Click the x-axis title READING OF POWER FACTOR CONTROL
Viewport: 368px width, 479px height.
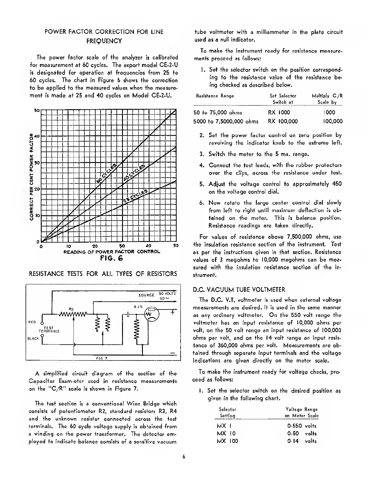[x=112, y=252]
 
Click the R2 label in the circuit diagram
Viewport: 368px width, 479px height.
[x=71, y=309]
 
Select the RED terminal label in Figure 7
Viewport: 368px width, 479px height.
[x=32, y=322]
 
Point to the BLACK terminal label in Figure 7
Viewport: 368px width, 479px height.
[x=33, y=338]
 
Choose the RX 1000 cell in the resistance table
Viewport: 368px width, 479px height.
[x=279, y=113]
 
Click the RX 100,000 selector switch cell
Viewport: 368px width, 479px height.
[x=283, y=121]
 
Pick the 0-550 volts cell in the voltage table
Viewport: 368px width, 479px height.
[x=302, y=426]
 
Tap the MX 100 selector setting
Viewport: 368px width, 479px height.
[x=227, y=441]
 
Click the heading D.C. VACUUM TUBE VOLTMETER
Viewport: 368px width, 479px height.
[x=239, y=290]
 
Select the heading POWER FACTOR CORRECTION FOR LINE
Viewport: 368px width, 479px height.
[x=104, y=32]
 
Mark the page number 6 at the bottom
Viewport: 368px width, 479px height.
[x=184, y=457]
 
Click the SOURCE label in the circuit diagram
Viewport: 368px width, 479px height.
[x=146, y=295]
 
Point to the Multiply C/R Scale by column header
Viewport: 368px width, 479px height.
[x=327, y=99]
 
